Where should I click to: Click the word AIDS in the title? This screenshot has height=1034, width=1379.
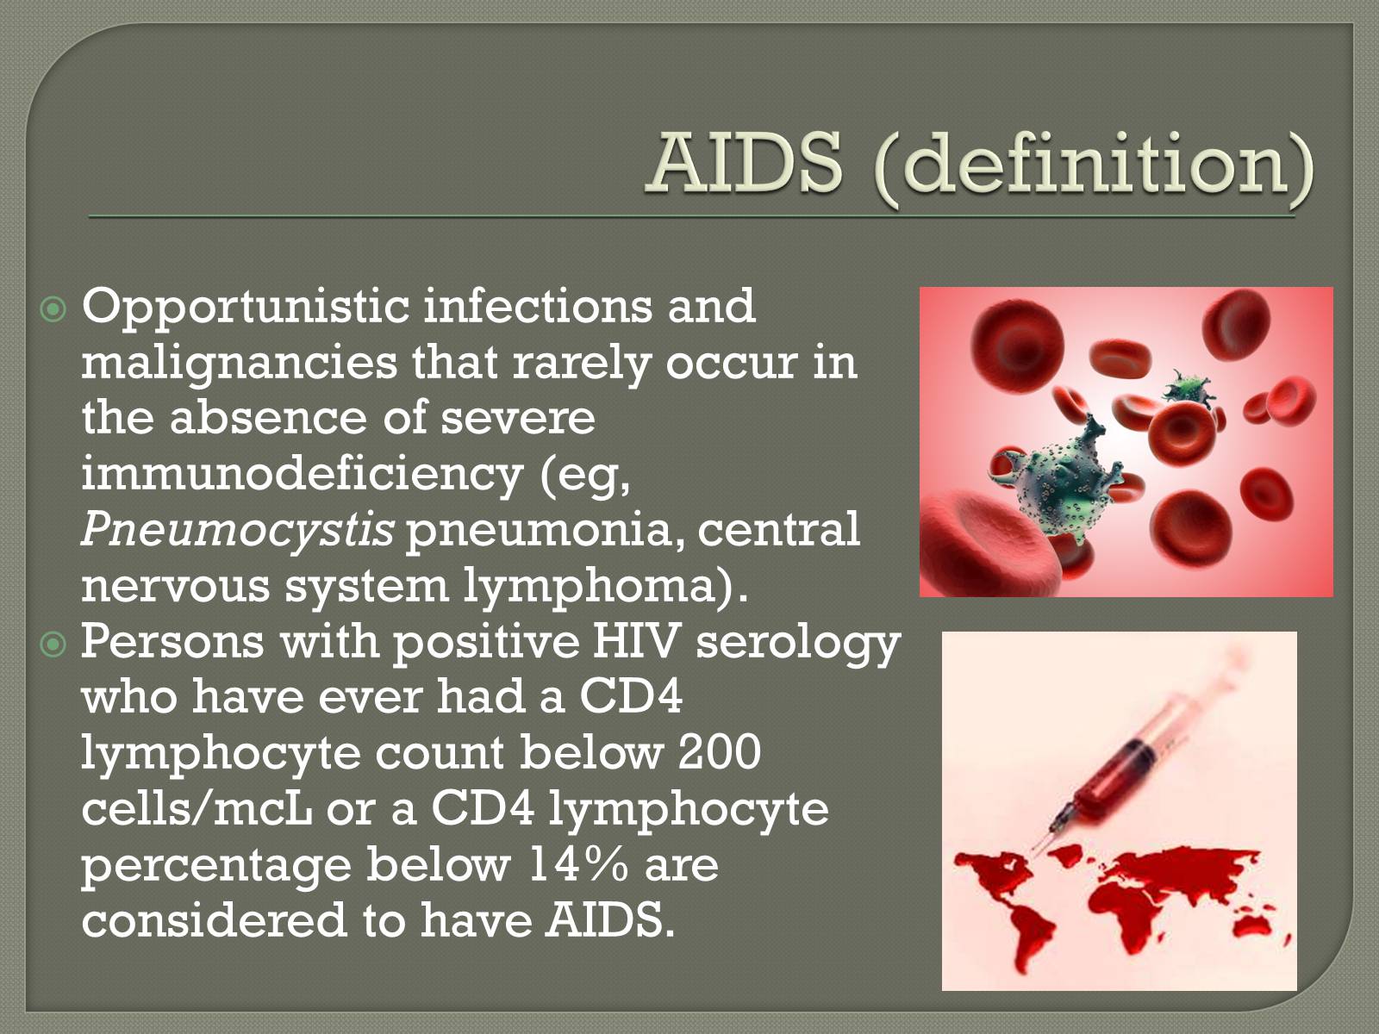click(x=746, y=164)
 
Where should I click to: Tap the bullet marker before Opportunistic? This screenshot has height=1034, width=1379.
click(x=53, y=308)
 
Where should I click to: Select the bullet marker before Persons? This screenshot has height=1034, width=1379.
click(x=53, y=645)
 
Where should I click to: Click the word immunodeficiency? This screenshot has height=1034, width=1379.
click(x=303, y=474)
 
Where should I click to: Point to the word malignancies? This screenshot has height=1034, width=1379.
click(x=240, y=365)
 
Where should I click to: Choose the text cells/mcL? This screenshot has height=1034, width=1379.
click(x=197, y=808)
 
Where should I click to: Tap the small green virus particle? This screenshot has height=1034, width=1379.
click(x=1188, y=389)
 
